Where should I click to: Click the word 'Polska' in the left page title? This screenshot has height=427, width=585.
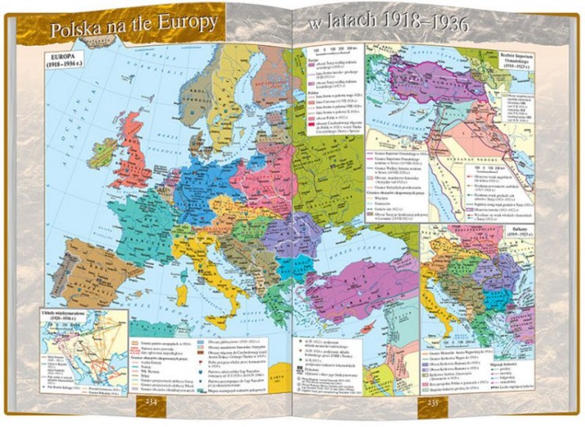[x=78, y=32]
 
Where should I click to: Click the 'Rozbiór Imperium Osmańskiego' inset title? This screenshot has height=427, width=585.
[x=509, y=59]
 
